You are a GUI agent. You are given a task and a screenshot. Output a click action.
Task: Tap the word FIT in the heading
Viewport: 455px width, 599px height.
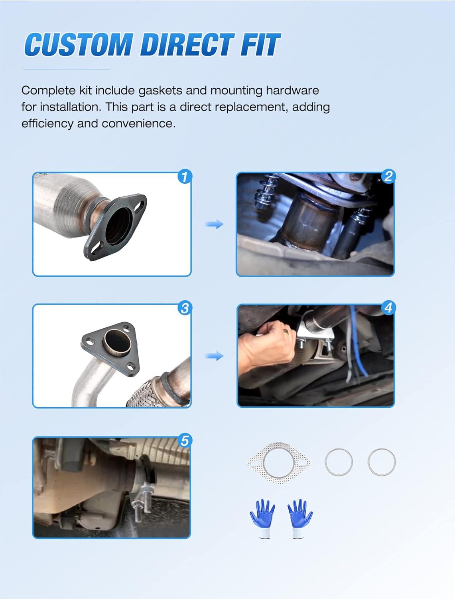pos(260,44)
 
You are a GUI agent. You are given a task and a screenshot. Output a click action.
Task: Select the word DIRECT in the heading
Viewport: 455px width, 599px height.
pos(187,44)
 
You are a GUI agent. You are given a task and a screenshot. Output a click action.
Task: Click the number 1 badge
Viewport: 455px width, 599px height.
pos(185,177)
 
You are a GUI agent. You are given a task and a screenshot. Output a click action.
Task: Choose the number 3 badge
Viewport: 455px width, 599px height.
pos(185,308)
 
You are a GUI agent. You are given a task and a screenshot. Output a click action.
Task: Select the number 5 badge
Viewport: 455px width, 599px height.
pos(185,440)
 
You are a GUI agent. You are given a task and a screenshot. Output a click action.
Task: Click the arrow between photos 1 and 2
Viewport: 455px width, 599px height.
pos(215,224)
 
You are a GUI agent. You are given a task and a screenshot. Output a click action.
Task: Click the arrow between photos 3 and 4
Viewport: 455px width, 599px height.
pos(215,356)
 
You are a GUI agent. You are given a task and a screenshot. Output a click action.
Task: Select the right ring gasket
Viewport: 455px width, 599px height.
pos(368,462)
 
